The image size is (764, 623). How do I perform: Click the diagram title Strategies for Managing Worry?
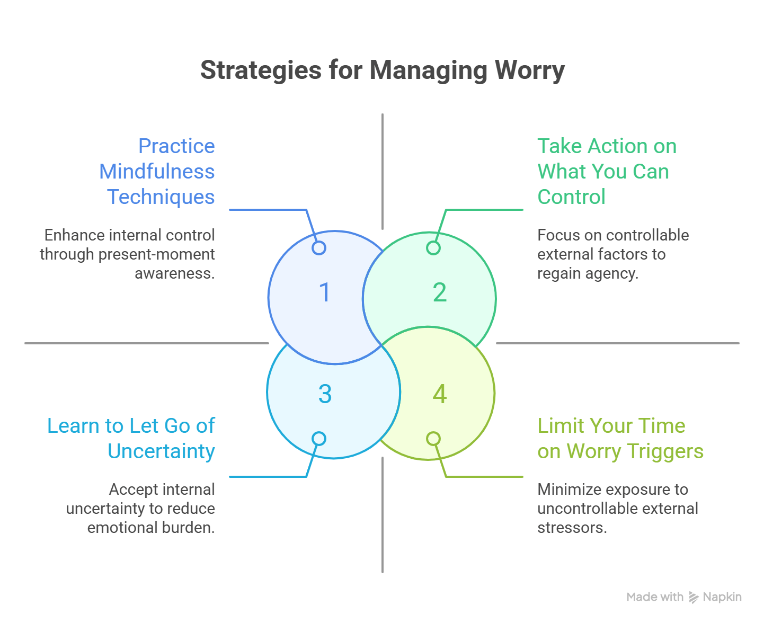[x=382, y=70]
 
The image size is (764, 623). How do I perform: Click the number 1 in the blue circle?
[x=325, y=292]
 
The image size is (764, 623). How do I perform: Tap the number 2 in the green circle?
[x=439, y=292]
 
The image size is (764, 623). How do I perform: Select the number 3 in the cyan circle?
[x=325, y=394]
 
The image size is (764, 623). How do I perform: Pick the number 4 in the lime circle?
[x=439, y=394]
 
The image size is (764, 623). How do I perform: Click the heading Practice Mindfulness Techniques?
[x=157, y=171]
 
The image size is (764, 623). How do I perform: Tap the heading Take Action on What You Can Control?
[x=607, y=171]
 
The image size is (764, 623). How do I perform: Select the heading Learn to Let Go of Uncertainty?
[x=131, y=438]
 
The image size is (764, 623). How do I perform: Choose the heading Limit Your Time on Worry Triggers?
[x=620, y=438]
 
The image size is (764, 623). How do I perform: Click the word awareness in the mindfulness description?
[x=175, y=273]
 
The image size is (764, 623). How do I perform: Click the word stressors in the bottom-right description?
[x=572, y=528]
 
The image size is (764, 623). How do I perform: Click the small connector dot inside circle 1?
[x=319, y=248]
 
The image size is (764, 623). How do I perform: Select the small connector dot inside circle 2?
[x=433, y=248]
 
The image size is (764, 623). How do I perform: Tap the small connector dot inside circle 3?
[x=319, y=439]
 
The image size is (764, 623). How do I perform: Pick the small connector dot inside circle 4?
[x=433, y=439]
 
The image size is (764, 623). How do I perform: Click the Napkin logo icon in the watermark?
[x=694, y=597]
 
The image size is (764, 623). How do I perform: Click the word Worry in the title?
[x=530, y=70]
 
